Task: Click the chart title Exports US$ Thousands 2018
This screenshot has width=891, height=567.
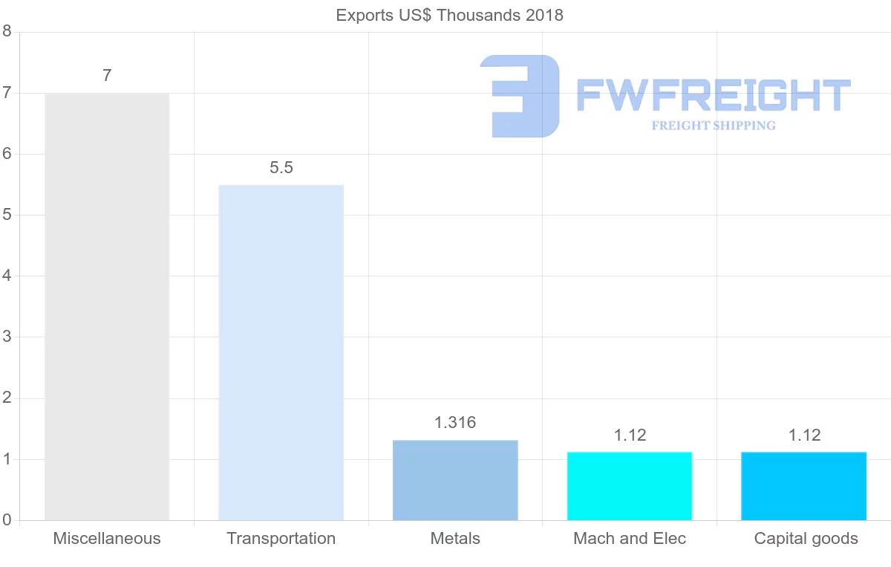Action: (449, 15)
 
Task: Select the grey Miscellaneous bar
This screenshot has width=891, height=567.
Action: (107, 306)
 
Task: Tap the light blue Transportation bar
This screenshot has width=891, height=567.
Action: (281, 352)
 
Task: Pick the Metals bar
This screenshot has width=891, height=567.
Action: (455, 480)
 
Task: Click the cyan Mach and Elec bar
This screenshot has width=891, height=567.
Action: (630, 486)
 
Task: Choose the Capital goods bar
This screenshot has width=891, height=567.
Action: (803, 486)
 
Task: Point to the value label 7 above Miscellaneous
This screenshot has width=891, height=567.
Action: (107, 75)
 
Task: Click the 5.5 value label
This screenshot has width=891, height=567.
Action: (281, 168)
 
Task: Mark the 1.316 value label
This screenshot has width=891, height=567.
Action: (455, 423)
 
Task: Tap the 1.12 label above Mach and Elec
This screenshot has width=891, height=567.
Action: (630, 435)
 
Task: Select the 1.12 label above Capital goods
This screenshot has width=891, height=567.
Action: (804, 435)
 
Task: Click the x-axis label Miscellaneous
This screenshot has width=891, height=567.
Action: (107, 539)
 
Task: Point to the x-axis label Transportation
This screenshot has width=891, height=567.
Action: (281, 539)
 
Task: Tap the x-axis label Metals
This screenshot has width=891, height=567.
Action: (455, 539)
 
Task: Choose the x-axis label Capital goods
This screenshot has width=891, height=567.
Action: (806, 539)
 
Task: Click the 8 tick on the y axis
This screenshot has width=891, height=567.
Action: (7, 31)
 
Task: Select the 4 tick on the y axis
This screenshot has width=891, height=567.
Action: (7, 276)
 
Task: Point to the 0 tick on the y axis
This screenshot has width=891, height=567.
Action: (7, 520)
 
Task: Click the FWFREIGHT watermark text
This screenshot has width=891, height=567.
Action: (713, 95)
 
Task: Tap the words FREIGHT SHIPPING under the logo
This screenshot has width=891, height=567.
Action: (713, 126)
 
